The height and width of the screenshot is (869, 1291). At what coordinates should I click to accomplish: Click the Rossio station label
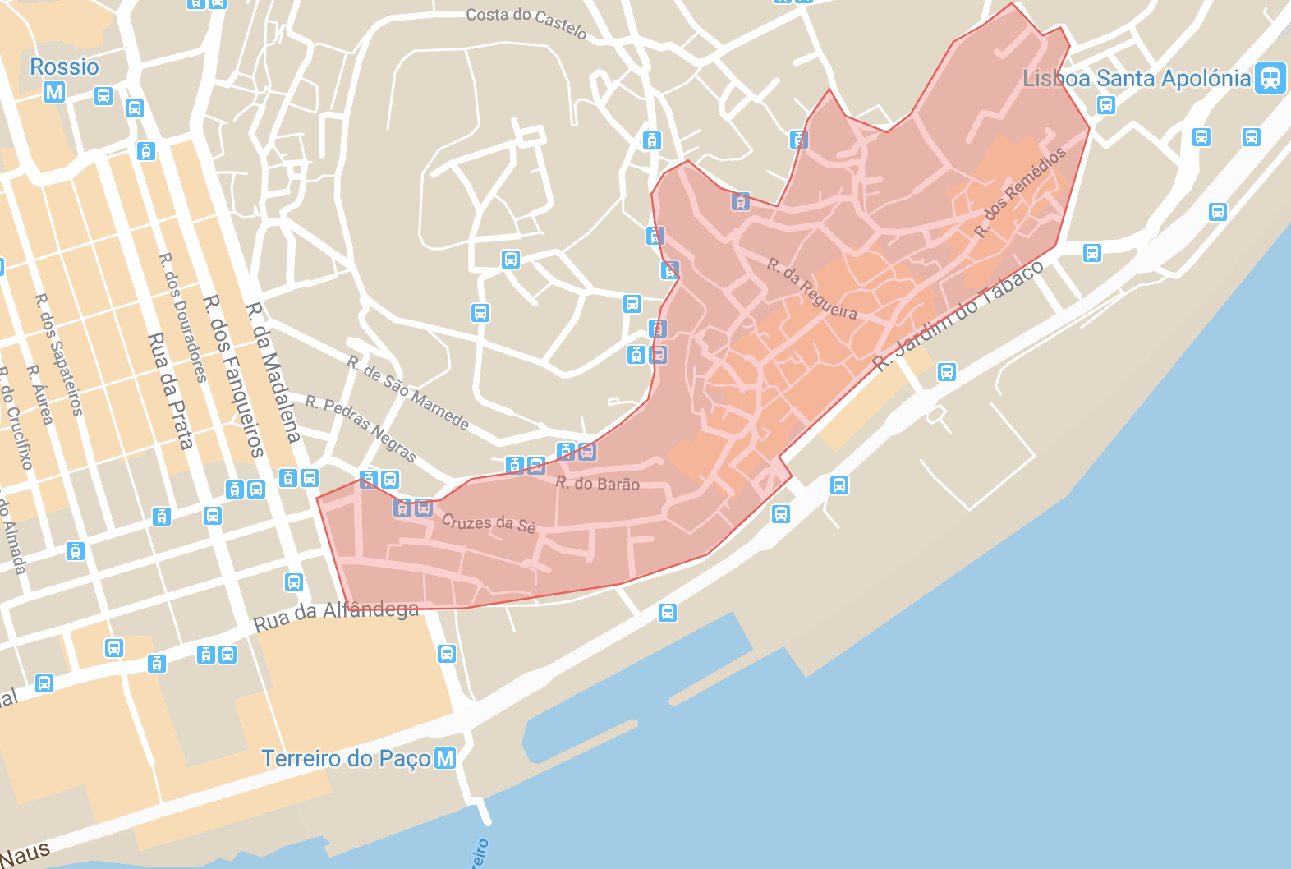click(64, 67)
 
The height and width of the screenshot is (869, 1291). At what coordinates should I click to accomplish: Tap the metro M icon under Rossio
click(54, 92)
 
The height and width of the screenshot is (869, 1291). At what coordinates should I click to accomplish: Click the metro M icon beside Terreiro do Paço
click(445, 758)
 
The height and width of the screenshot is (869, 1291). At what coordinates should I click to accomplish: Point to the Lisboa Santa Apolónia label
click(1136, 79)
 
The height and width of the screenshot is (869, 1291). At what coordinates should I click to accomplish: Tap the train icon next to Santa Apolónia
click(1270, 78)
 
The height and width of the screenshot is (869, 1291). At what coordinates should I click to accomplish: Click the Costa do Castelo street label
click(526, 21)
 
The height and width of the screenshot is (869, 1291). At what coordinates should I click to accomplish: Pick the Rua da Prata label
click(171, 391)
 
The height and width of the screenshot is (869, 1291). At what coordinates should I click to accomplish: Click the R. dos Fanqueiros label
click(233, 375)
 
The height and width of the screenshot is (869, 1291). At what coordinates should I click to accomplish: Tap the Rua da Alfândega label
click(336, 614)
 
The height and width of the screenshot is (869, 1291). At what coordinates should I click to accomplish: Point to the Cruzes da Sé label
click(489, 522)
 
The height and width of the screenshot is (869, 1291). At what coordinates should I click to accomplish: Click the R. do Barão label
click(597, 483)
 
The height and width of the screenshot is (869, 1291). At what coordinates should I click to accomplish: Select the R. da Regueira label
click(811, 288)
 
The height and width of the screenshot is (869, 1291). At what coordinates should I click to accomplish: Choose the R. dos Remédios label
click(1020, 191)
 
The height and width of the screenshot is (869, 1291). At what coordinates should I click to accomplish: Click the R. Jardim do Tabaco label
click(958, 316)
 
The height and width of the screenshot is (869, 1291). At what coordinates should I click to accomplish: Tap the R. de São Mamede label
click(407, 393)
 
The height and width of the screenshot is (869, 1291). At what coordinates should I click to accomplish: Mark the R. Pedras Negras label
click(361, 428)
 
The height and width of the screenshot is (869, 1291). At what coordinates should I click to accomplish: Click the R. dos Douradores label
click(182, 317)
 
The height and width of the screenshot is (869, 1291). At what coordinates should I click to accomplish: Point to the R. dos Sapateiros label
click(58, 354)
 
